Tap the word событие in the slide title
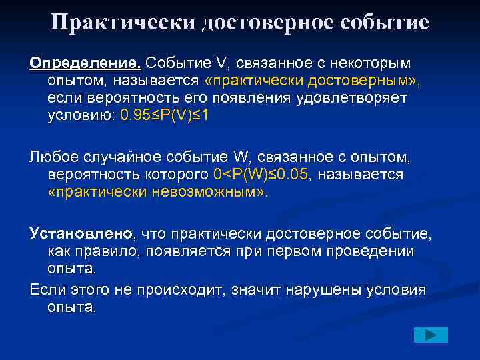377,23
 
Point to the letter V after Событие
222,63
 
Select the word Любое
53,157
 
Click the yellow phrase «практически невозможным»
157,192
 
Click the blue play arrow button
431,335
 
